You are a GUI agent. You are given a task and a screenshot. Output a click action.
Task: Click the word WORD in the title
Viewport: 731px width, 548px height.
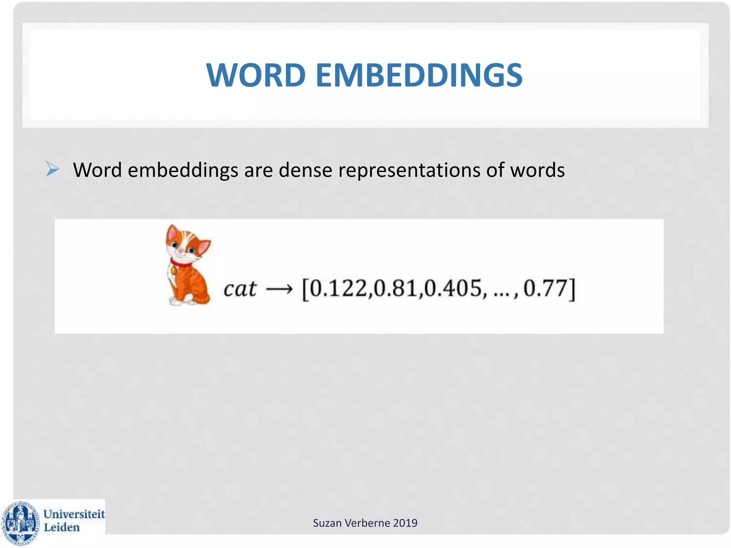[x=256, y=75]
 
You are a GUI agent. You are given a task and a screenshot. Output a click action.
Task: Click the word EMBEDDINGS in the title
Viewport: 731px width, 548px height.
[x=419, y=75]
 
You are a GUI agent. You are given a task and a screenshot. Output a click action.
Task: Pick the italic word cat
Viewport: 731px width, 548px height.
[x=240, y=289]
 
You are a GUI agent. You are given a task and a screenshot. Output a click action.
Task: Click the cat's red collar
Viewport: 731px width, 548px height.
[x=180, y=264]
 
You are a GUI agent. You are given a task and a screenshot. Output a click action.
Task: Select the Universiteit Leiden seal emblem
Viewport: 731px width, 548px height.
[x=20, y=523]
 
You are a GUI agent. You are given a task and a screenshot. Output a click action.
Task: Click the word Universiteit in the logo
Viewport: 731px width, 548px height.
[x=74, y=514]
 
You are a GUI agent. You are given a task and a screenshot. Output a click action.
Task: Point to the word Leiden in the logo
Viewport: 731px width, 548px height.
[x=61, y=527]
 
